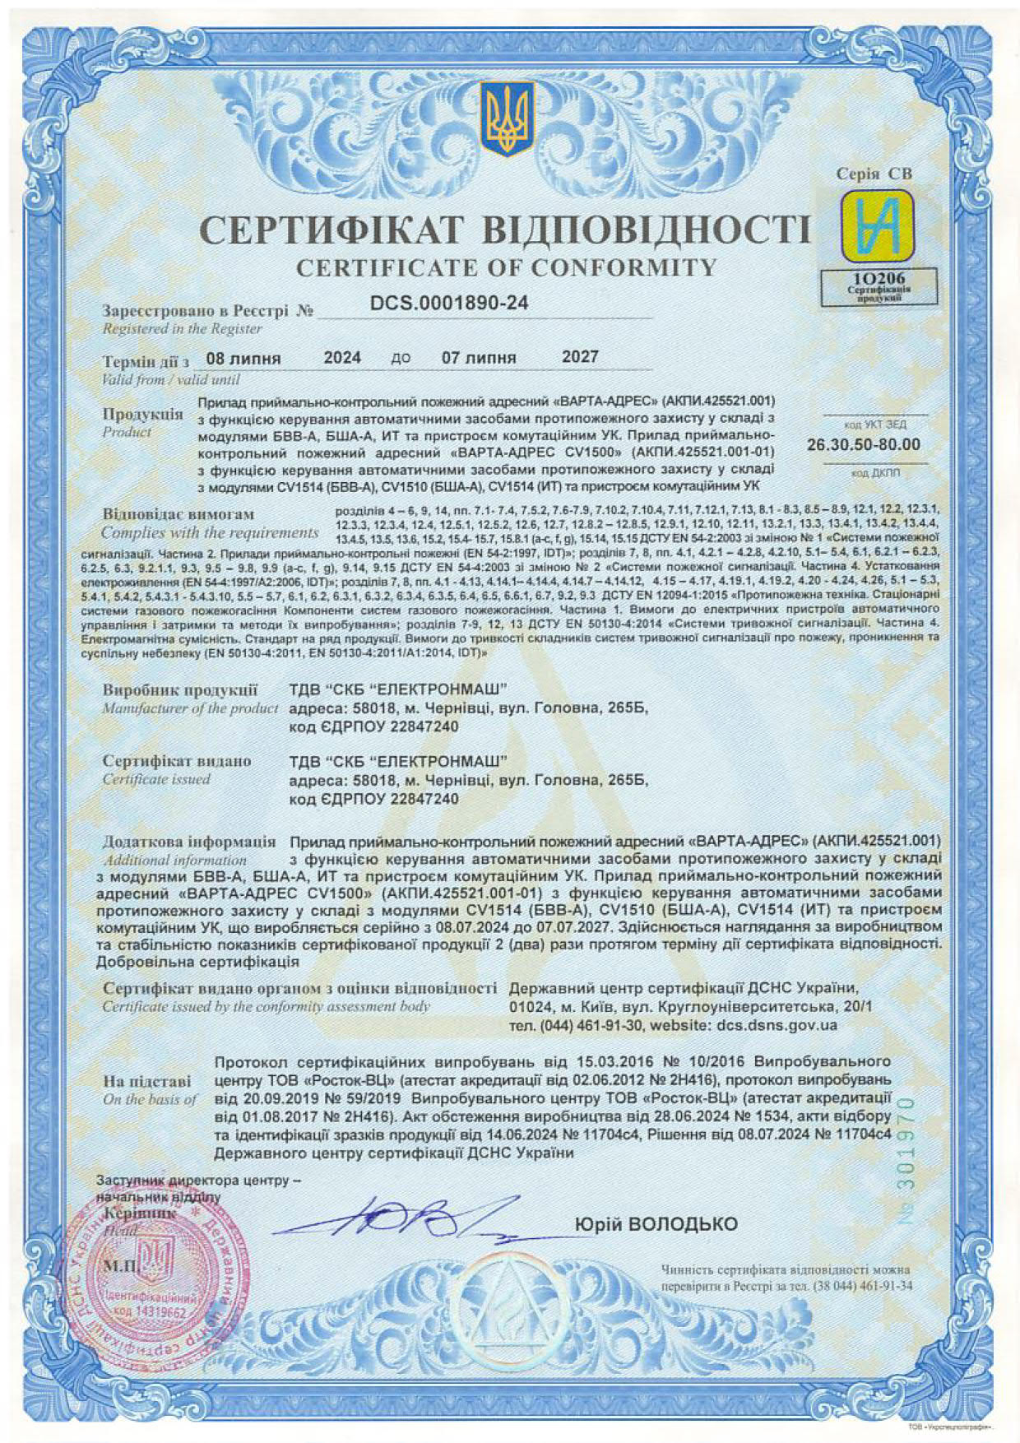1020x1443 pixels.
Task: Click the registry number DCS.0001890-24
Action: pyautogui.click(x=449, y=304)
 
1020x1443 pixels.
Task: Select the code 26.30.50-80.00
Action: pyautogui.click(x=864, y=445)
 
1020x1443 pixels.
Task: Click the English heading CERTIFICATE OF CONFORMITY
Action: pyautogui.click(x=506, y=267)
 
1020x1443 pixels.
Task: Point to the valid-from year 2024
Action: pyautogui.click(x=342, y=358)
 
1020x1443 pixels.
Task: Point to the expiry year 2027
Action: pyautogui.click(x=580, y=357)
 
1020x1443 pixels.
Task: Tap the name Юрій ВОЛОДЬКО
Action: pyautogui.click(x=656, y=1224)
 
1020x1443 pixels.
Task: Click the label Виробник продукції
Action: pyautogui.click(x=180, y=690)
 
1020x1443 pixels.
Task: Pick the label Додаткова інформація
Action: pyautogui.click(x=189, y=842)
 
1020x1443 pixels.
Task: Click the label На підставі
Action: pyautogui.click(x=147, y=1081)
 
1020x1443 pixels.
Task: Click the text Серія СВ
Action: pyautogui.click(x=874, y=174)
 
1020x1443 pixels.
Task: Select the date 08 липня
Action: pyautogui.click(x=243, y=359)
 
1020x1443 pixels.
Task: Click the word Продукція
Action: pyautogui.click(x=142, y=414)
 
